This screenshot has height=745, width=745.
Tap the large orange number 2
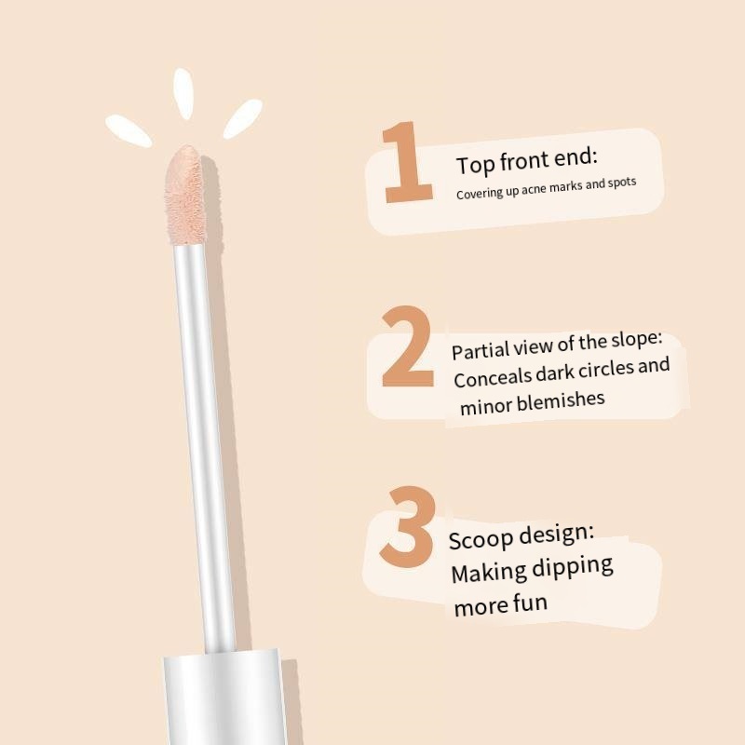click(408, 345)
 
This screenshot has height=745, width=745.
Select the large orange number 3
click(408, 526)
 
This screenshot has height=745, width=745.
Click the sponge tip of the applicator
click(184, 195)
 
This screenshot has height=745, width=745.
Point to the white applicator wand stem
click(204, 447)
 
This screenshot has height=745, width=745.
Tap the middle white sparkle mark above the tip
click(183, 94)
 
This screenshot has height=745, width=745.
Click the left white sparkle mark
click(129, 130)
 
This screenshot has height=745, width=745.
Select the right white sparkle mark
click(243, 119)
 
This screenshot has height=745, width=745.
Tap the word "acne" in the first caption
click(534, 189)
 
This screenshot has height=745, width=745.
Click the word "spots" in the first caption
click(621, 183)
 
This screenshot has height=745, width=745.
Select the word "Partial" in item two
click(481, 351)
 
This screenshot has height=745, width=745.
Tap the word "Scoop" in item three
click(481, 539)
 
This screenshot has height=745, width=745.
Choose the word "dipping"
click(572, 568)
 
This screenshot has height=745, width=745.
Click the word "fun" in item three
click(530, 603)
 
